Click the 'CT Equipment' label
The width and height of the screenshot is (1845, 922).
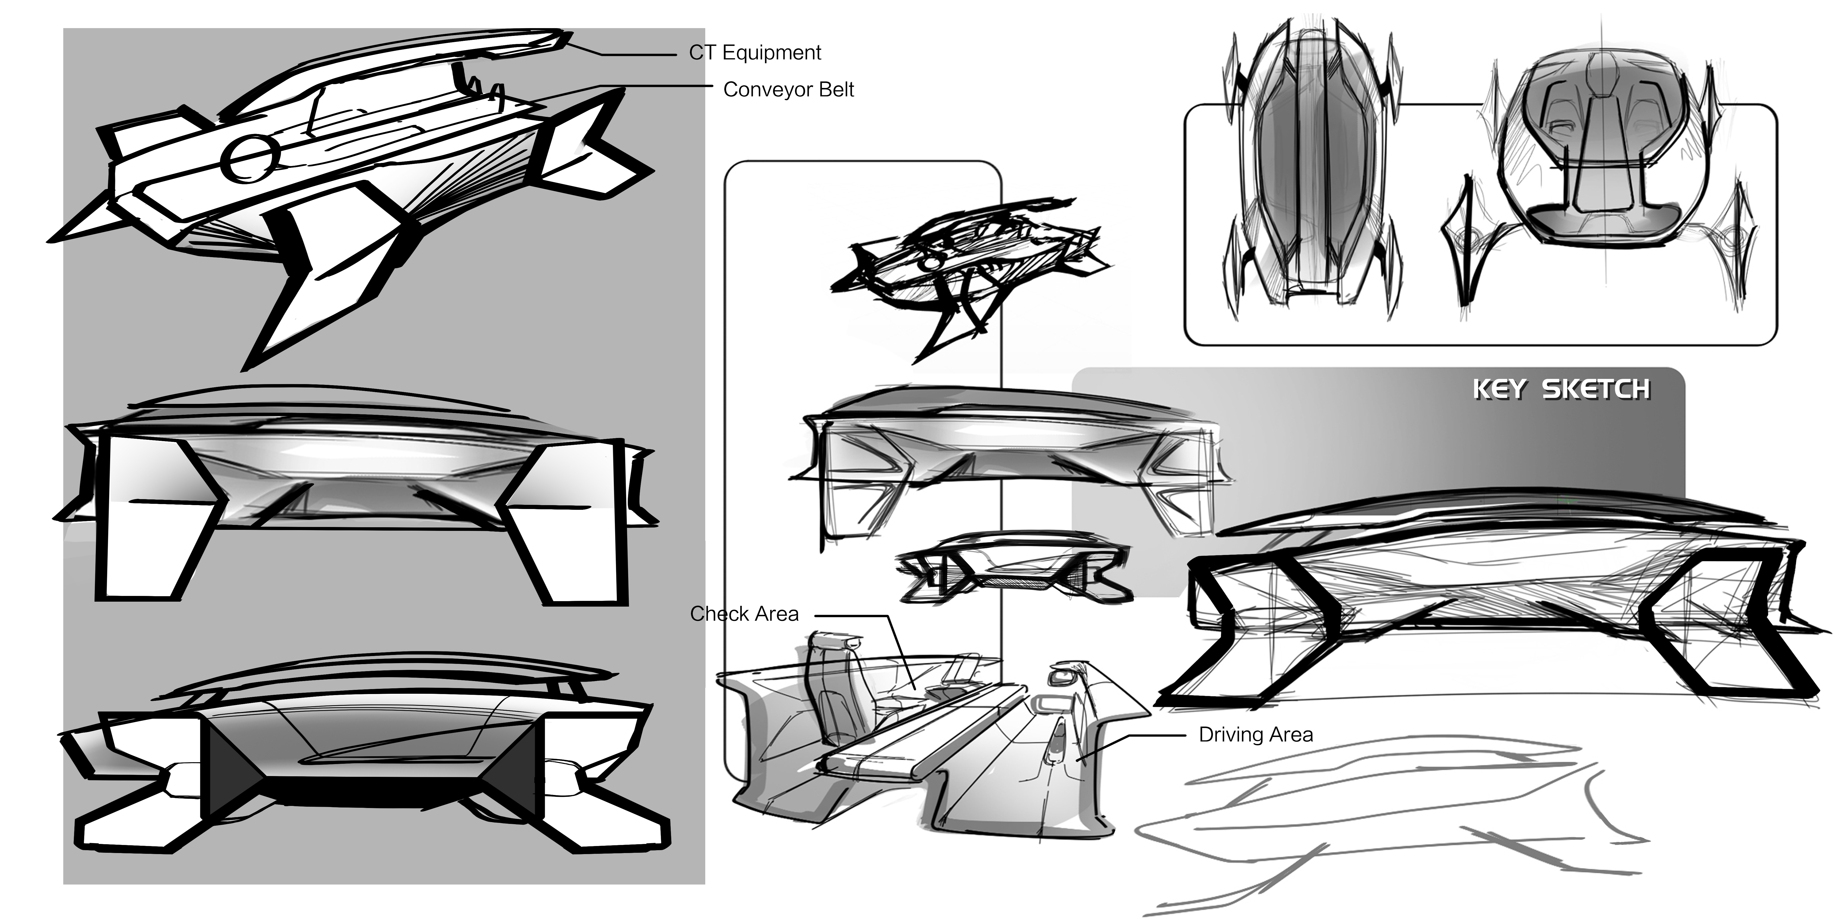[755, 53]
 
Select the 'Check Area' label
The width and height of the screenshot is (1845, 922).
[744, 614]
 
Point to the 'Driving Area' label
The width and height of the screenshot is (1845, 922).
[1256, 735]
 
